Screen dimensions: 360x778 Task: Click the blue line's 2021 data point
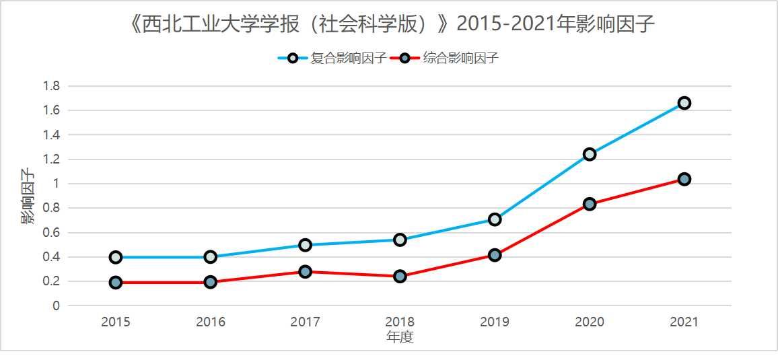pos(684,103)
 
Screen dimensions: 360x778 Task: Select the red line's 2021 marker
pos(684,179)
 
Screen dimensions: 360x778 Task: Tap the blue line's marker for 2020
pos(590,154)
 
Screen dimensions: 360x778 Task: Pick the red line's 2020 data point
pos(590,204)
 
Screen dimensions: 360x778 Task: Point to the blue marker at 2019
pos(495,219)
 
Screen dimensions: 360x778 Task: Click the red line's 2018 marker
pos(400,276)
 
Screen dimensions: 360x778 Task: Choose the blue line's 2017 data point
pos(305,245)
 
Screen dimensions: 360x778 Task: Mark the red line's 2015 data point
pos(116,283)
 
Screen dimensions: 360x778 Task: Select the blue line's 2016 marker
pos(210,256)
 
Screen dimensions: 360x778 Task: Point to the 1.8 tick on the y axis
pos(52,86)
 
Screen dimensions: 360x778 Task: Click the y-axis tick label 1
pos(57,184)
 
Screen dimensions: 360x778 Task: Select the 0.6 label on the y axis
pos(52,233)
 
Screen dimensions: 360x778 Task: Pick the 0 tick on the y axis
pos(57,306)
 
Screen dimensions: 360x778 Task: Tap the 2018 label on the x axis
pos(400,322)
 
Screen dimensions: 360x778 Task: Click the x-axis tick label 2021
pos(684,322)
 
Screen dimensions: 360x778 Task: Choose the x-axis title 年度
pos(400,337)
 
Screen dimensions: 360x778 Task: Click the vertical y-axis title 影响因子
pos(28,196)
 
